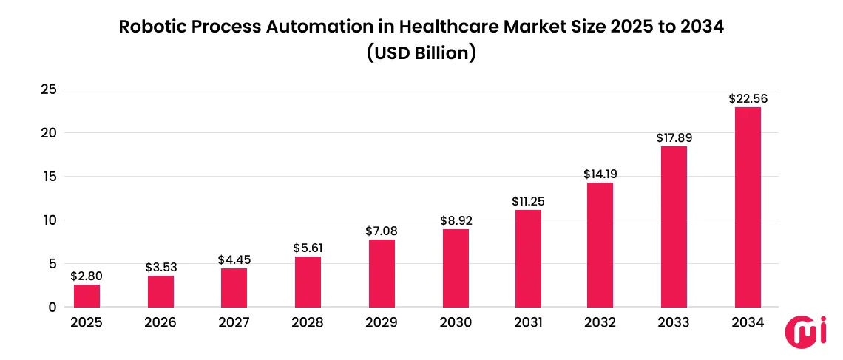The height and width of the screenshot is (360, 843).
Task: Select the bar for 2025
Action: point(87,296)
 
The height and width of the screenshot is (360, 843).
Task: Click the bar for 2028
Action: point(308,282)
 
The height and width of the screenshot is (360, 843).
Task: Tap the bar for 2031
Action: point(528,258)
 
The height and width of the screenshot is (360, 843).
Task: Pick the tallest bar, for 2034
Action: point(748,207)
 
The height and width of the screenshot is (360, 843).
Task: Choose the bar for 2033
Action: point(674,226)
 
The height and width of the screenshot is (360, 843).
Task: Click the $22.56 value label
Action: point(748,98)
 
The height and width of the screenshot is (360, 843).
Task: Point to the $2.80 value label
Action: point(87,276)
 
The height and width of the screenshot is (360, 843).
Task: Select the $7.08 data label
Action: point(382,231)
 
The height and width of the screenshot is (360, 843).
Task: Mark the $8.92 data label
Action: point(456,220)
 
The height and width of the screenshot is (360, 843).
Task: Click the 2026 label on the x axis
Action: point(160,323)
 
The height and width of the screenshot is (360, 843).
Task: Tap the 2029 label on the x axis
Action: point(382,323)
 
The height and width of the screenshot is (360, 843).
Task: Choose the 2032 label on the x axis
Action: point(600,323)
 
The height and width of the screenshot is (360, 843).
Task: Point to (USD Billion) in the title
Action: point(421,54)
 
